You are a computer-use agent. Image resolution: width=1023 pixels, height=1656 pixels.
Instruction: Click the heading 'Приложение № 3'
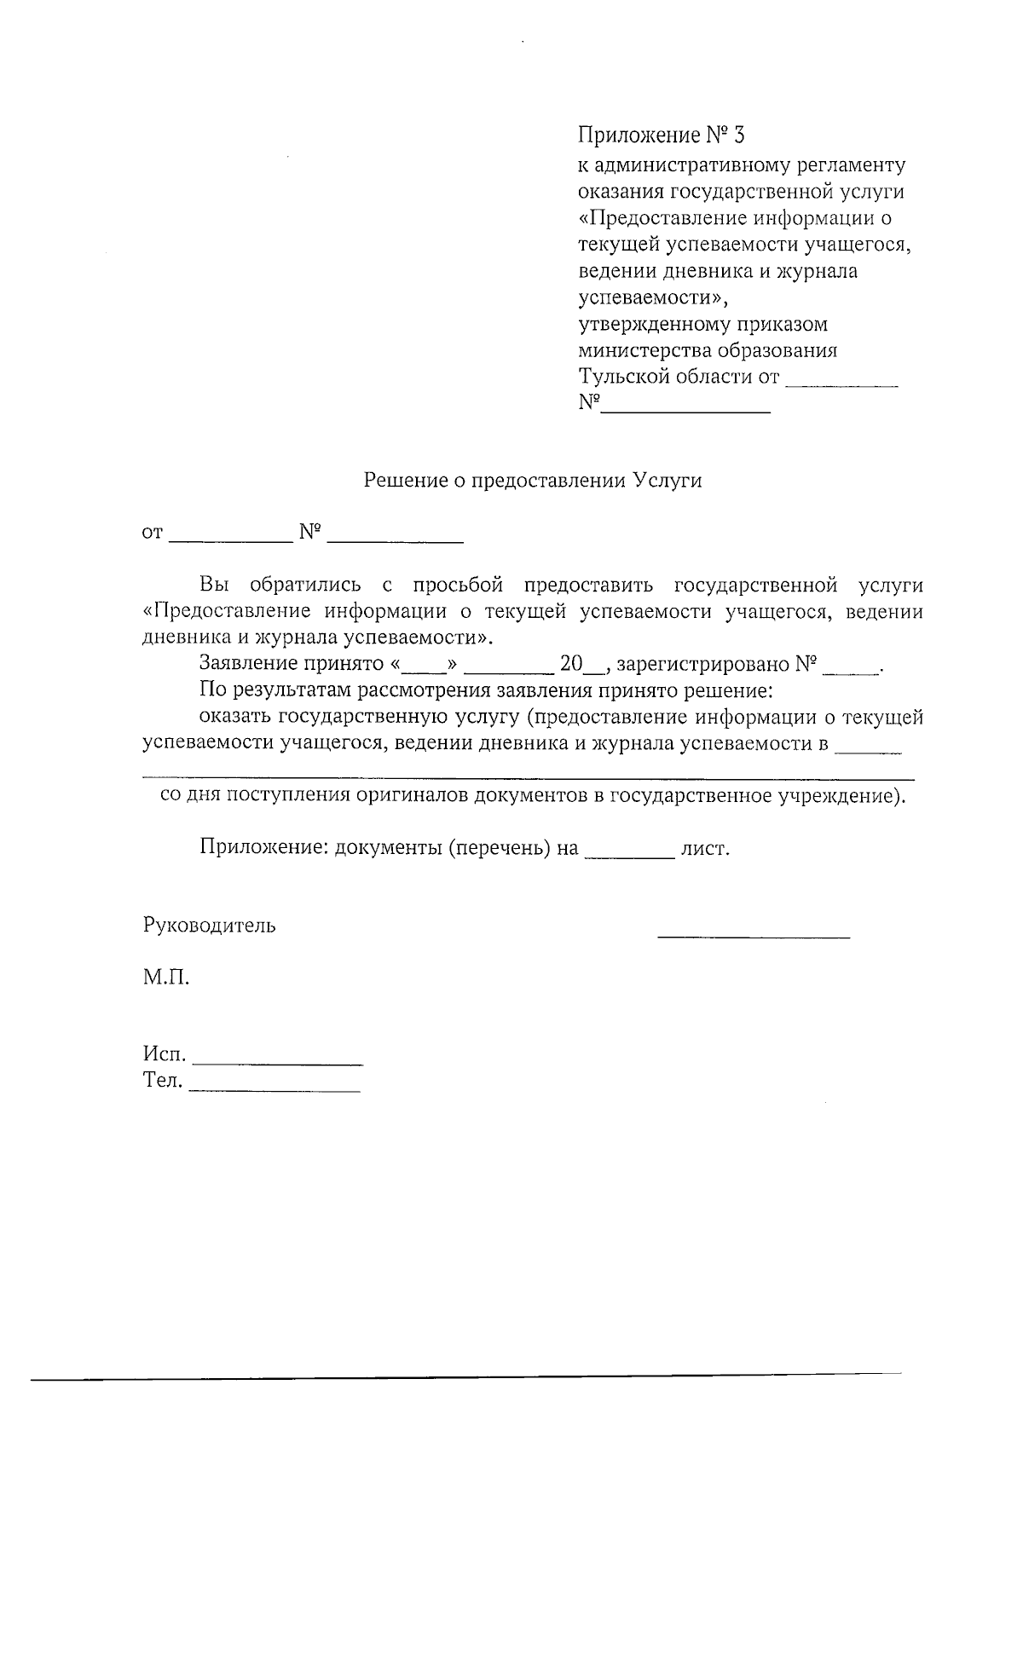662,136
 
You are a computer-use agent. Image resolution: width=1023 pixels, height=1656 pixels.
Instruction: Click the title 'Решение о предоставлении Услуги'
533,481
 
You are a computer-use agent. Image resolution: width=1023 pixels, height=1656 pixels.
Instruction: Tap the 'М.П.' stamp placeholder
165,978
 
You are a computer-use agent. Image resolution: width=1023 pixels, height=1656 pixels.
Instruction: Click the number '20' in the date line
570,664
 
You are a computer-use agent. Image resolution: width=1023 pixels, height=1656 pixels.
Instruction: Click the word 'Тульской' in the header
624,377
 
